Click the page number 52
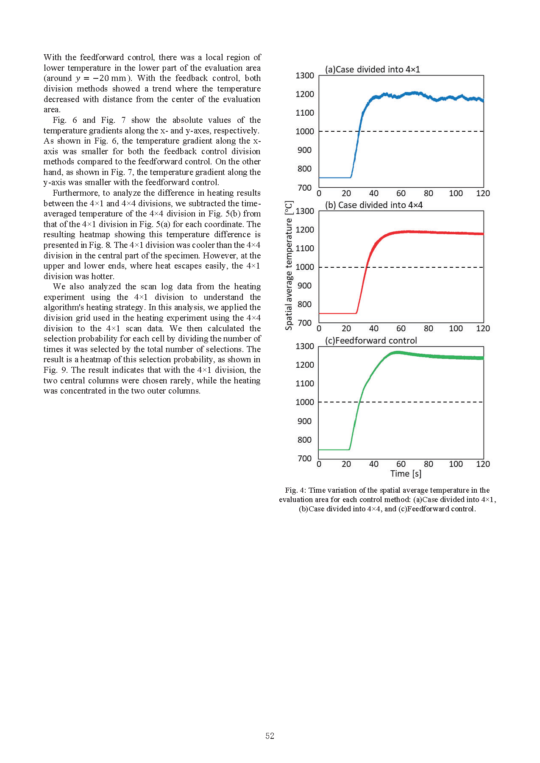coord(270,736)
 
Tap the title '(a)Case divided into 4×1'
coord(372,69)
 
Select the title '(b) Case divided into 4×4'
coord(373,205)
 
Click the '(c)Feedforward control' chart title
coord(371,341)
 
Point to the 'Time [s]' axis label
coord(406,474)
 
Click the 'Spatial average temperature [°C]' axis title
coord(289,266)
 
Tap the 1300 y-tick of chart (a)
coord(305,75)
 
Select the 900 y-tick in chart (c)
coord(305,421)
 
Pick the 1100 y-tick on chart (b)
coord(305,248)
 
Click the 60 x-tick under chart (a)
coord(401,193)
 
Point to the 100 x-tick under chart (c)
coord(456,464)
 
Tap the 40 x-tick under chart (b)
coord(373,328)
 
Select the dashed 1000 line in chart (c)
coord(424,402)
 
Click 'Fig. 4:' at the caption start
coord(295,490)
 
